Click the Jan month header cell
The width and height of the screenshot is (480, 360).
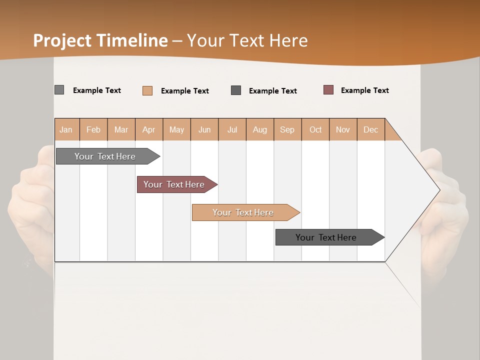point(66,129)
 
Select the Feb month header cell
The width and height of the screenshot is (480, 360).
point(93,129)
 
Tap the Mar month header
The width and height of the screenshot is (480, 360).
point(121,129)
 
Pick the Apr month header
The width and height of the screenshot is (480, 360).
point(149,129)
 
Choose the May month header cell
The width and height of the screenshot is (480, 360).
point(176,129)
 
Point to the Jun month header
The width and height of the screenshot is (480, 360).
point(204,129)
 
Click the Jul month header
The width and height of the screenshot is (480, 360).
point(232,129)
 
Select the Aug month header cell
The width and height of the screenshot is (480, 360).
point(260,129)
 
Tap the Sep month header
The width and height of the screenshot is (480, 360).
point(287,129)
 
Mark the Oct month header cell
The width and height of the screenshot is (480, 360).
point(315,129)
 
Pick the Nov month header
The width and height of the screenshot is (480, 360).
point(343,129)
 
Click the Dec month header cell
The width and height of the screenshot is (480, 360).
point(371,129)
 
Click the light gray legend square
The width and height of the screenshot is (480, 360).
point(59,90)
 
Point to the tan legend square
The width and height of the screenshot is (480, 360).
point(147,90)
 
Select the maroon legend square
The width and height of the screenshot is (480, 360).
point(328,90)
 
